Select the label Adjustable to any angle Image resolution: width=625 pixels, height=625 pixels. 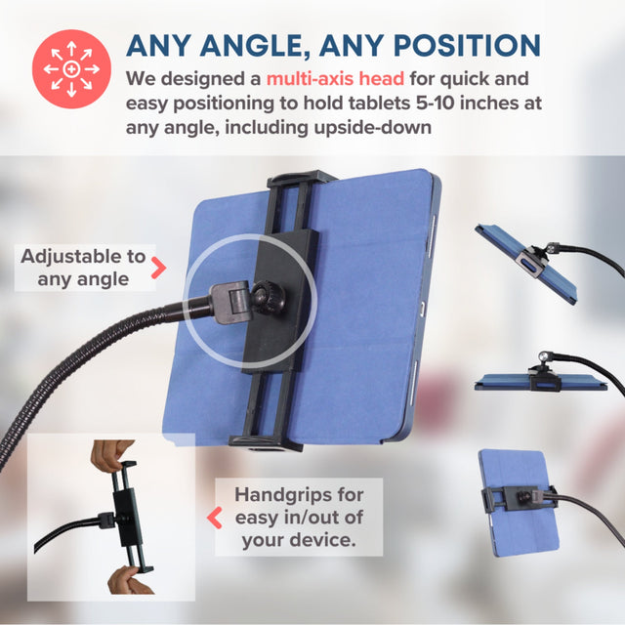83,268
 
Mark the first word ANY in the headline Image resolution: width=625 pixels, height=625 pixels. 162,45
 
